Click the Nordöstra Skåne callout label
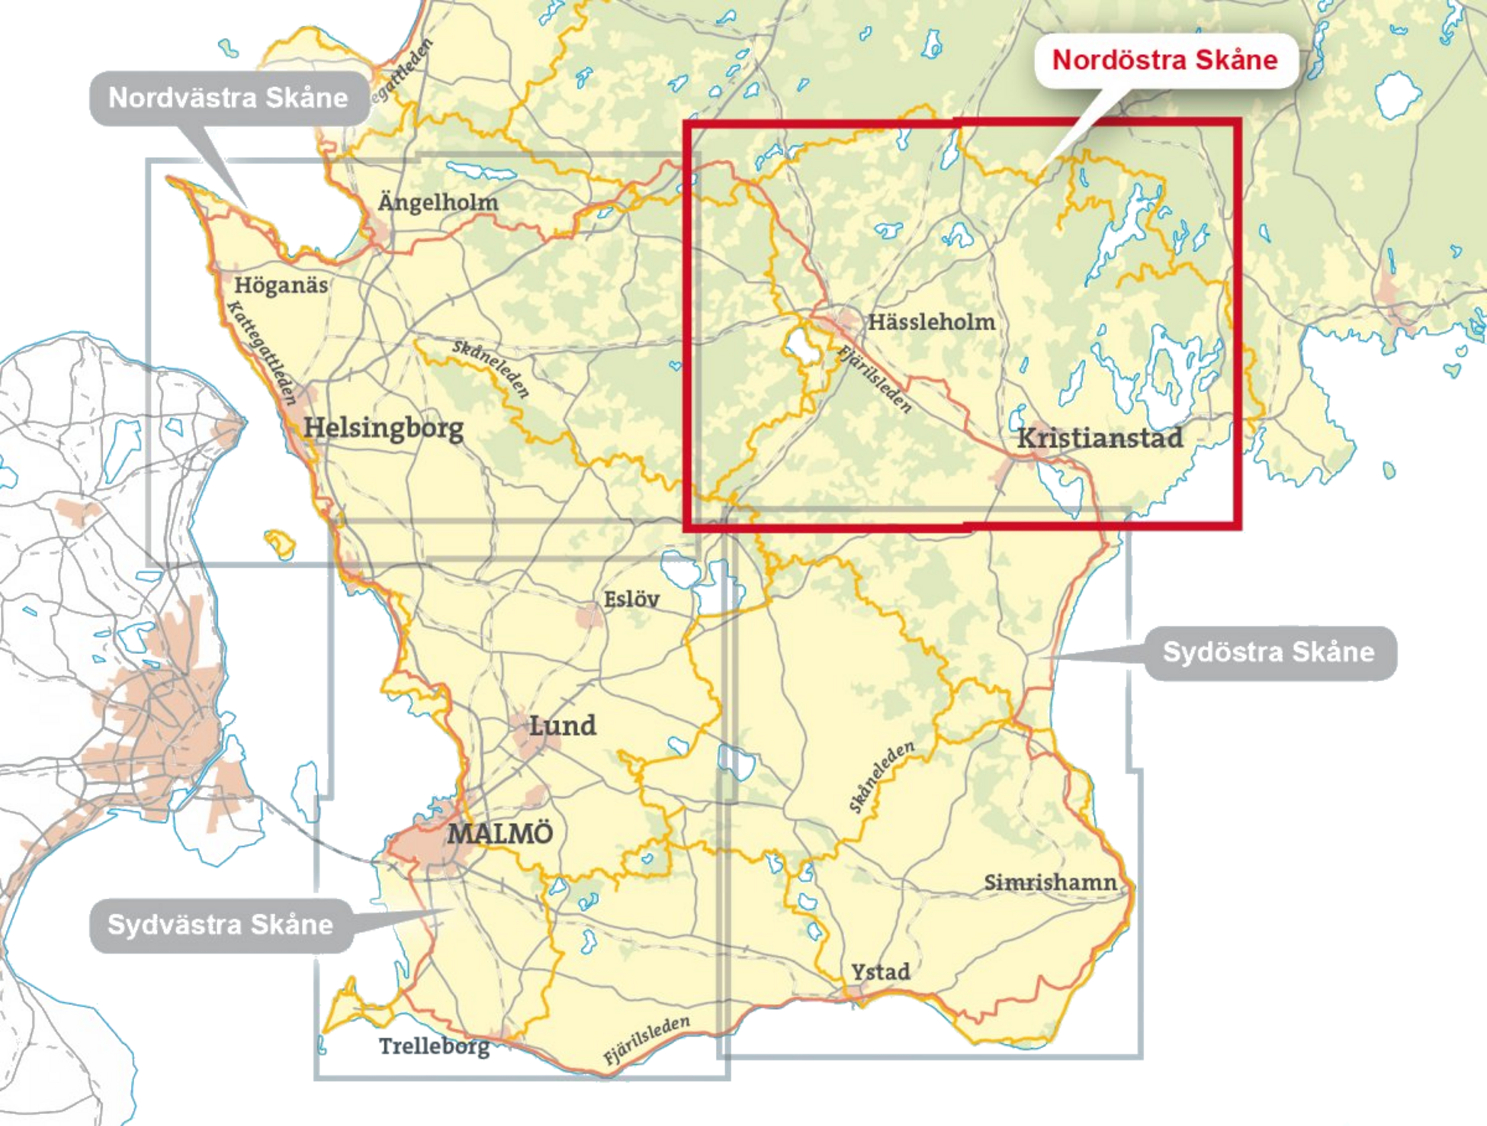pyautogui.click(x=1164, y=60)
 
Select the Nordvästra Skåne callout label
pyautogui.click(x=228, y=98)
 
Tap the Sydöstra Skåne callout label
pyautogui.click(x=1268, y=652)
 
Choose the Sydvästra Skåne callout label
pyautogui.click(x=220, y=925)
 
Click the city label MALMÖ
pyautogui.click(x=499, y=833)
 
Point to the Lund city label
pyautogui.click(x=562, y=725)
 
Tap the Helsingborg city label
pyautogui.click(x=384, y=428)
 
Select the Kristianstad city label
pyautogui.click(x=1100, y=438)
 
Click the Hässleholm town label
pyautogui.click(x=931, y=322)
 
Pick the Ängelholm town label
pyautogui.click(x=438, y=202)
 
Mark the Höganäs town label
pyautogui.click(x=281, y=285)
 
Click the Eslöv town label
pyautogui.click(x=631, y=599)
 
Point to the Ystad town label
pyautogui.click(x=881, y=972)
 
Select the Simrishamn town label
pyautogui.click(x=1050, y=883)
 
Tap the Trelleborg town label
pyautogui.click(x=435, y=1047)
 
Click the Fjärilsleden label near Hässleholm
pyautogui.click(x=875, y=378)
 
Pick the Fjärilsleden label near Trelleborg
pyautogui.click(x=647, y=1040)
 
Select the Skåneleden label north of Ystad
pyautogui.click(x=881, y=776)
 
